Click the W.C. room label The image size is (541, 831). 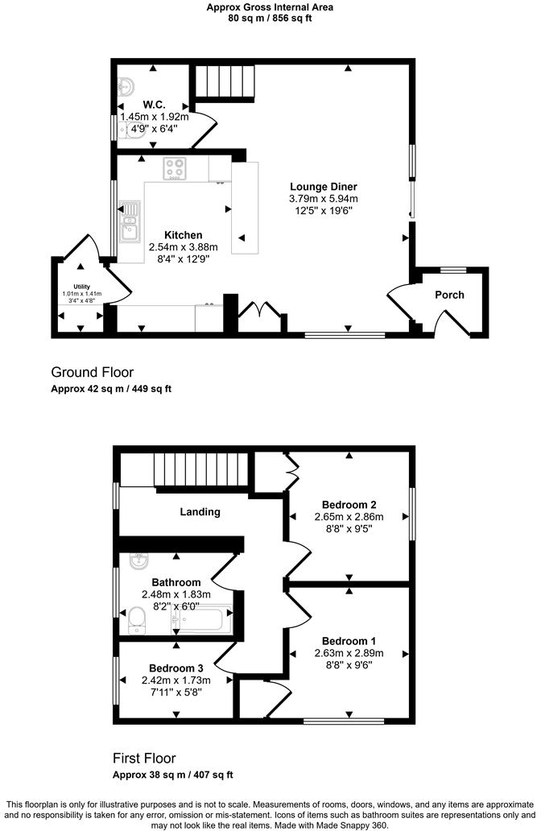(155, 105)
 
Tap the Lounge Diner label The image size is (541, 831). (324, 187)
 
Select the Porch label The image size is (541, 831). (449, 295)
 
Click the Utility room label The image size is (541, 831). (81, 286)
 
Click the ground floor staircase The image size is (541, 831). (225, 81)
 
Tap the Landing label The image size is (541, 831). (200, 511)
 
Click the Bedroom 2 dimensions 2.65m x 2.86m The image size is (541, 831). (349, 517)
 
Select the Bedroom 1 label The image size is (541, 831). (349, 640)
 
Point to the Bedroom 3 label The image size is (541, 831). (176, 668)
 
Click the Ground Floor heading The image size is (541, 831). (92, 372)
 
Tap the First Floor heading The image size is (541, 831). (143, 759)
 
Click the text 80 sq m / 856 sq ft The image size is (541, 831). (270, 18)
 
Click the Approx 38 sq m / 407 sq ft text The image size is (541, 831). (172, 775)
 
